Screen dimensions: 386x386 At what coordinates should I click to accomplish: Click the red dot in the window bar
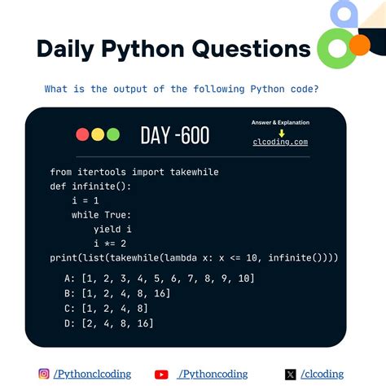click(x=82, y=134)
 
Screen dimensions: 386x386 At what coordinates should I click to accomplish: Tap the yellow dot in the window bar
click(x=98, y=134)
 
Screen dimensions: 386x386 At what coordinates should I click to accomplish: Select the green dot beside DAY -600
click(x=113, y=134)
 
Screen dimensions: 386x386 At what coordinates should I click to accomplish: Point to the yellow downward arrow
click(x=281, y=132)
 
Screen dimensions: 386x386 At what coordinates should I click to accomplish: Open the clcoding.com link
click(x=281, y=142)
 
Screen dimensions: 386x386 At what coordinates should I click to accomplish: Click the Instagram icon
click(x=44, y=374)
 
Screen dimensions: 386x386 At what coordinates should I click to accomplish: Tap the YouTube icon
click(x=161, y=375)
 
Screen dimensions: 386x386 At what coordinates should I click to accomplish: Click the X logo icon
click(x=291, y=375)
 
